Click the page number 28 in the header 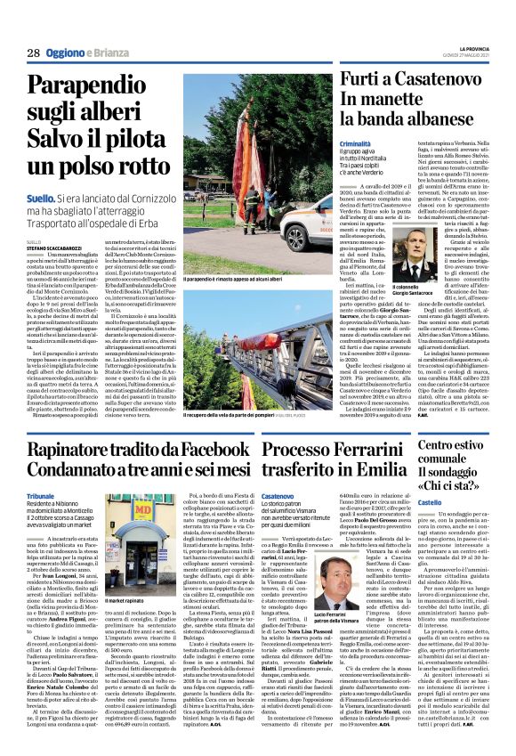point(33,53)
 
